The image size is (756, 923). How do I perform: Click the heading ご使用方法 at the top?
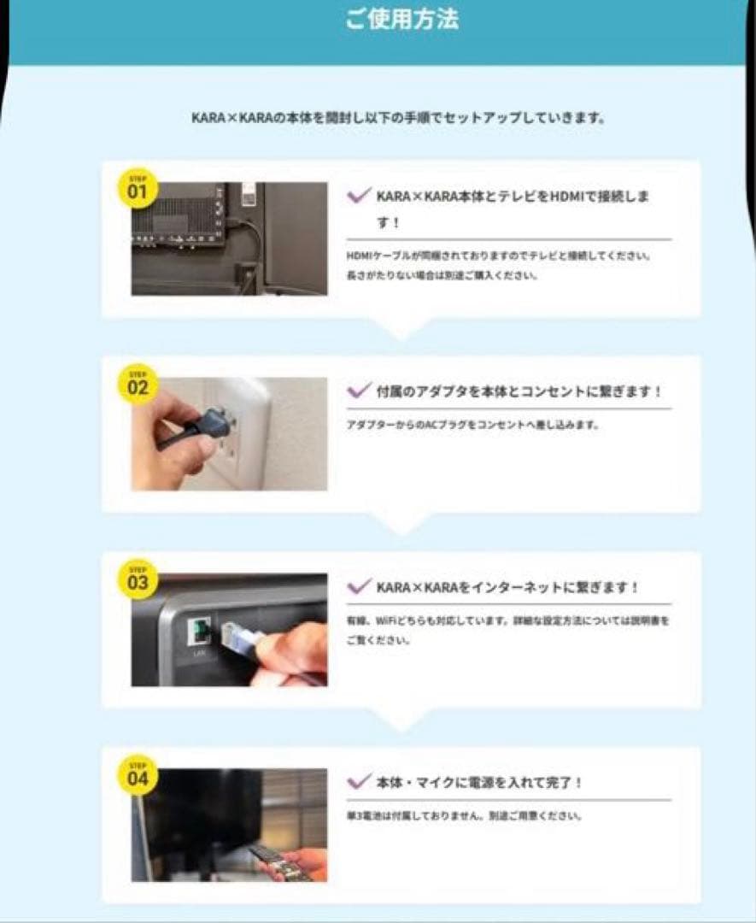[401, 20]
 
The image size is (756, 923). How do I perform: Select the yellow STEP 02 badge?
[138, 385]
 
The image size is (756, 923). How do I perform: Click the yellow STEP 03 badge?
[138, 580]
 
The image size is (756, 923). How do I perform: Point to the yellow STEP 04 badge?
[138, 775]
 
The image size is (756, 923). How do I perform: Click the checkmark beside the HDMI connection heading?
[358, 197]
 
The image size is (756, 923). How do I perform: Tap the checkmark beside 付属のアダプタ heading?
[358, 391]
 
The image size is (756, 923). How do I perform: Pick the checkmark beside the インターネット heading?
[358, 587]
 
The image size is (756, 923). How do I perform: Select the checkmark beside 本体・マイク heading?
[358, 782]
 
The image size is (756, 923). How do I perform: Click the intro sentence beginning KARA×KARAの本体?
[399, 118]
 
